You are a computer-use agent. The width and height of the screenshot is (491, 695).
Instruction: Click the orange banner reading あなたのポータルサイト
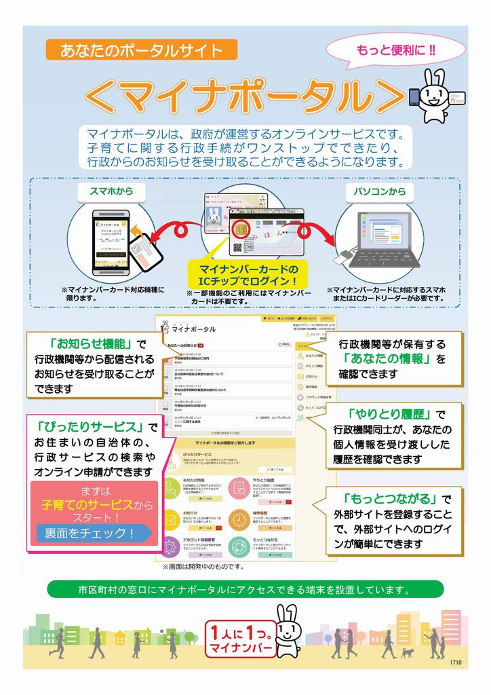click(141, 50)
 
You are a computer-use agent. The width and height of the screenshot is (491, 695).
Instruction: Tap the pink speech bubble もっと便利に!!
click(396, 50)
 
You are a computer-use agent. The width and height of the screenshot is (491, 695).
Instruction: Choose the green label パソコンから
click(379, 191)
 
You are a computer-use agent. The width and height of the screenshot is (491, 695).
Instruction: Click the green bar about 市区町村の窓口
click(245, 589)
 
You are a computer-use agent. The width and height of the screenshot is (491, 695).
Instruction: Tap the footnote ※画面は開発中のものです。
click(203, 566)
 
